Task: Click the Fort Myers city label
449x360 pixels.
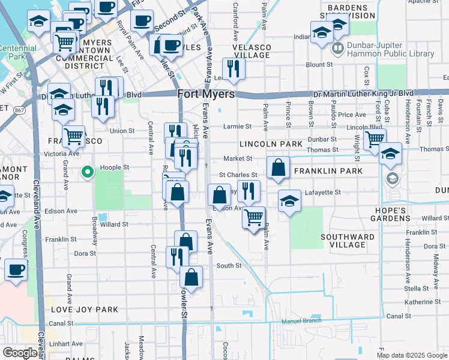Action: (206, 94)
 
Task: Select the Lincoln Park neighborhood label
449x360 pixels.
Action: (271, 145)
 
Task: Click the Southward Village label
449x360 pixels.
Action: (348, 241)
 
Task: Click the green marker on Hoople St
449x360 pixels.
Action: (88, 173)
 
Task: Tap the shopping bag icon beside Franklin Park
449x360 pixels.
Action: (278, 169)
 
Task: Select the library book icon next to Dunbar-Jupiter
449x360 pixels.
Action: (338, 48)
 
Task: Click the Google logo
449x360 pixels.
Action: (20, 353)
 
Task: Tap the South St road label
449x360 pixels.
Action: (229, 265)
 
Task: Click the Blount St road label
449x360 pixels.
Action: (319, 65)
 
